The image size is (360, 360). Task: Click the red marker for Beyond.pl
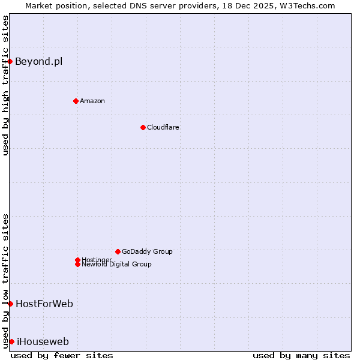click(x=10, y=61)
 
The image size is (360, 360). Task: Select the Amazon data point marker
click(x=76, y=101)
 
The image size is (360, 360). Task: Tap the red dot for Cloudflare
click(x=143, y=127)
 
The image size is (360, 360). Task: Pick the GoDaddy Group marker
click(x=118, y=251)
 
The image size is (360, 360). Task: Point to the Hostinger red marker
click(x=77, y=260)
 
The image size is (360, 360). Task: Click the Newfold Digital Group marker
click(x=77, y=264)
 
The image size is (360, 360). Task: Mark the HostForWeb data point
click(x=10, y=304)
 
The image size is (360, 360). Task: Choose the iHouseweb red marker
click(x=11, y=341)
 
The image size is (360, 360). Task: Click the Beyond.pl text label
click(x=38, y=61)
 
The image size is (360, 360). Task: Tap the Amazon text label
click(x=92, y=101)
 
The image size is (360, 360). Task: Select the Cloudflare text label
click(x=163, y=127)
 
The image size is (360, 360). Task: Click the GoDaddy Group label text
click(x=147, y=251)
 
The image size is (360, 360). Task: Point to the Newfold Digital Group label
click(x=116, y=265)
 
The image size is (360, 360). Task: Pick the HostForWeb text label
click(x=44, y=304)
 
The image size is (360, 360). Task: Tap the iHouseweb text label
click(x=43, y=341)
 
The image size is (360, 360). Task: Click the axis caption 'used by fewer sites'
click(x=62, y=355)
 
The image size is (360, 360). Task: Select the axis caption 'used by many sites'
click(x=301, y=355)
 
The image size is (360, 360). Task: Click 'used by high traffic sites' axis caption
click(x=5, y=85)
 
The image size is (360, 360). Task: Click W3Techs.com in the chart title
click(x=305, y=5)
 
